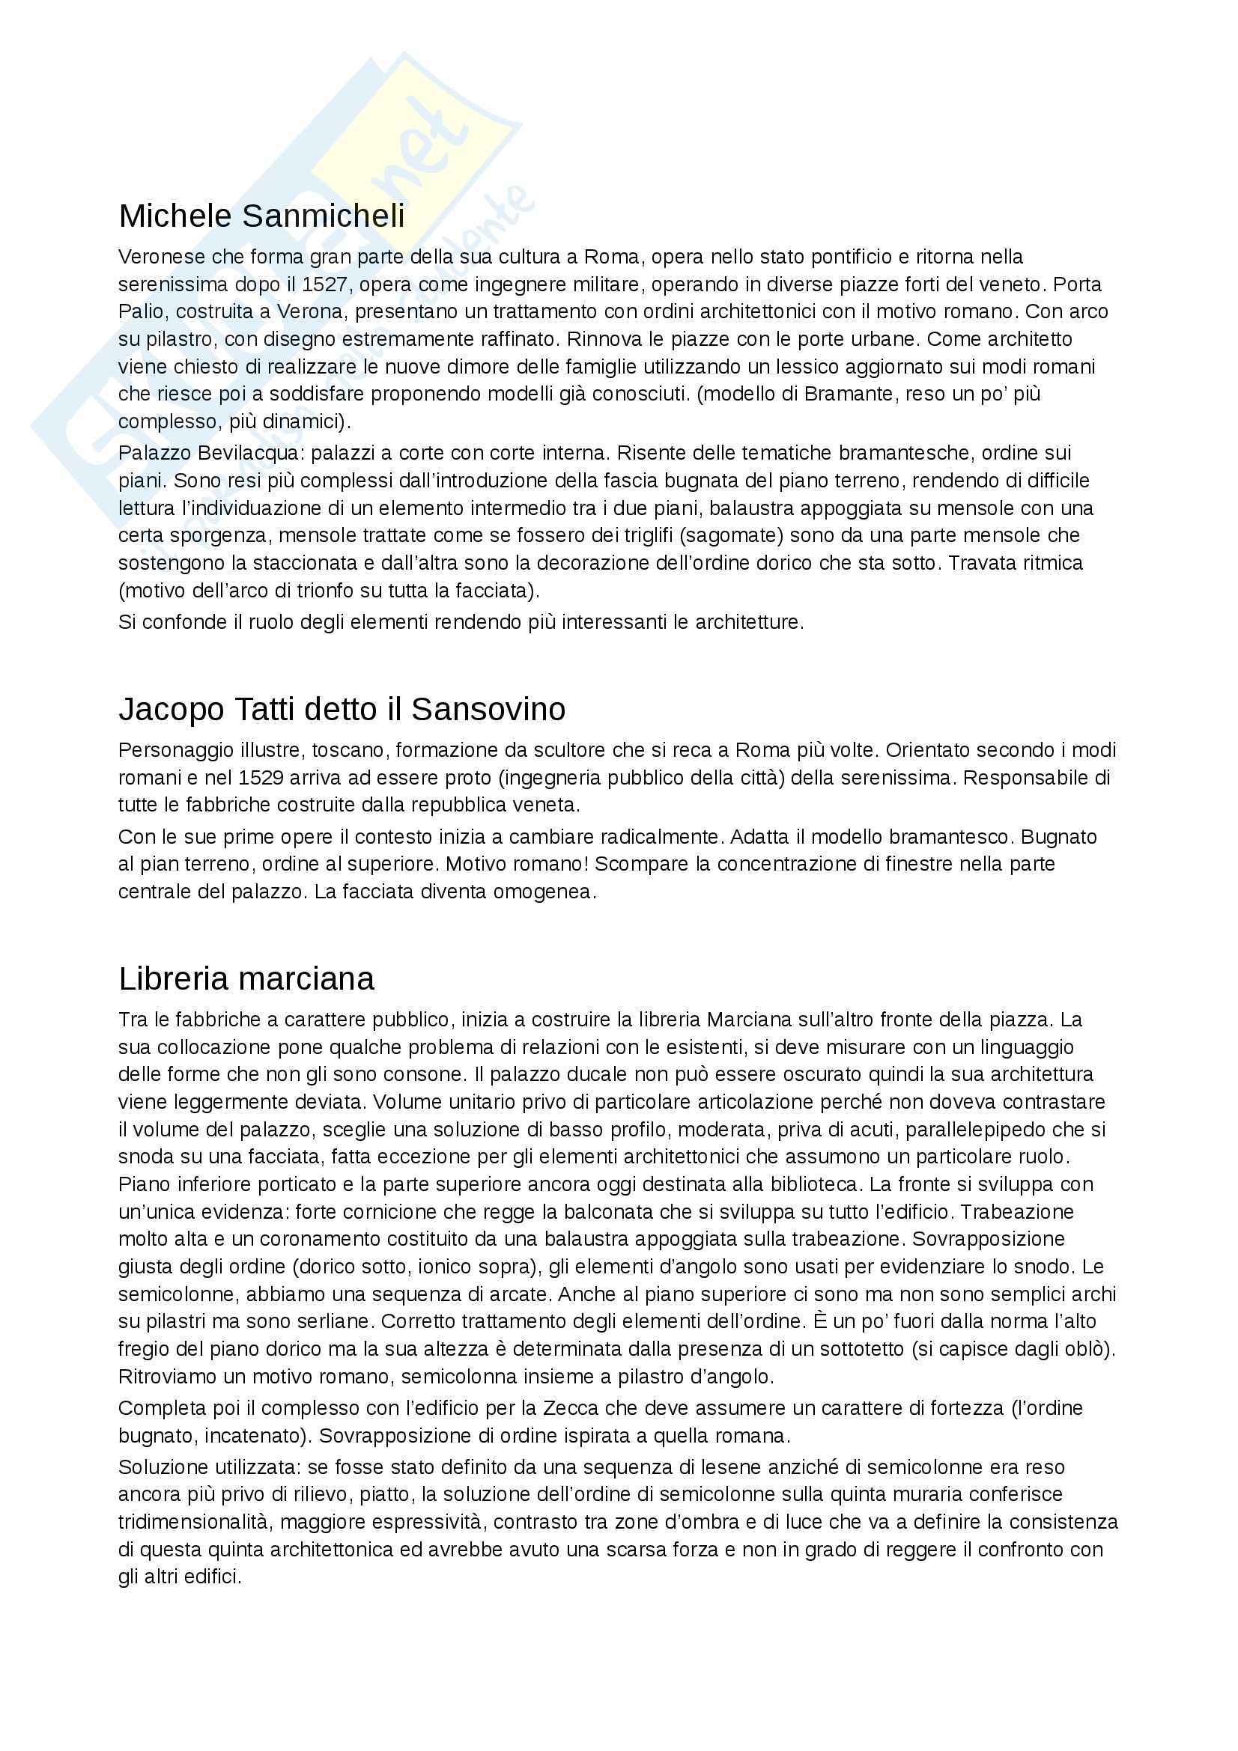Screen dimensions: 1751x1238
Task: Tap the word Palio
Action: tap(140, 312)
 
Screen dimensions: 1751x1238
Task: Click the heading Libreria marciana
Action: tap(246, 978)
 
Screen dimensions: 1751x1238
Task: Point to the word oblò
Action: tap(1090, 1349)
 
